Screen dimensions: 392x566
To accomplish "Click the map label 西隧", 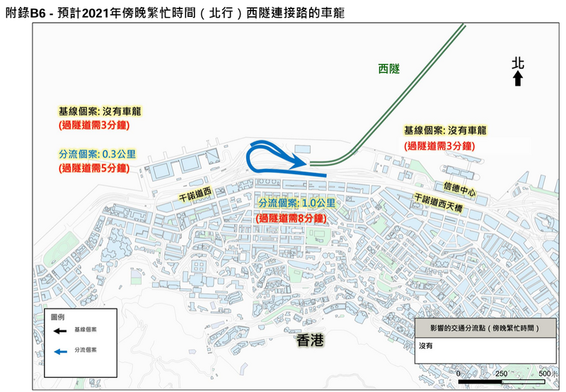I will [389, 69].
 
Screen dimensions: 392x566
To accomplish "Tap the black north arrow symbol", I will [518, 79].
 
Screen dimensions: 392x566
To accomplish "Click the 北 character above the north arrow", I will [518, 64].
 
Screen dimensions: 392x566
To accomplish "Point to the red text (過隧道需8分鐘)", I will [296, 218].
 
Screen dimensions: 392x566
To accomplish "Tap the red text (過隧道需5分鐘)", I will [93, 168].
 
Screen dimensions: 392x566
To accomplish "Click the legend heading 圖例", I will [57, 316].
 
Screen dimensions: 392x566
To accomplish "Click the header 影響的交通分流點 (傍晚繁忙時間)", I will [482, 329].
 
